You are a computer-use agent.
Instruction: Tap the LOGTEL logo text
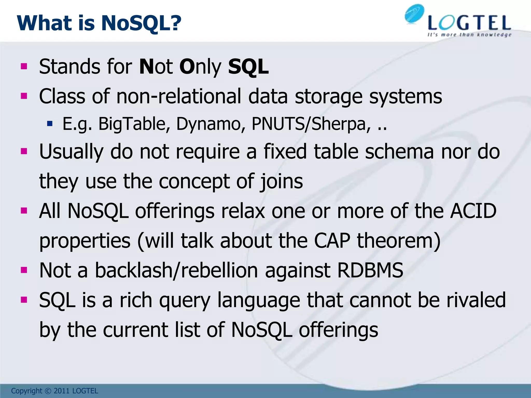coord(469,23)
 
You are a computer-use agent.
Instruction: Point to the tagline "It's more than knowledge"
coord(469,35)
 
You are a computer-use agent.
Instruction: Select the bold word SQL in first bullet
coord(248,67)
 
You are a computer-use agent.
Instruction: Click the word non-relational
coord(179,96)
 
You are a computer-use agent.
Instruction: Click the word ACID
coord(473,211)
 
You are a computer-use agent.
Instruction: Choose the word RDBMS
coord(370,271)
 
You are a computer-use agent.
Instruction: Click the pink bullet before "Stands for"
coord(24,67)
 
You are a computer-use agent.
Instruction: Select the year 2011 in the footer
coord(62,391)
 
